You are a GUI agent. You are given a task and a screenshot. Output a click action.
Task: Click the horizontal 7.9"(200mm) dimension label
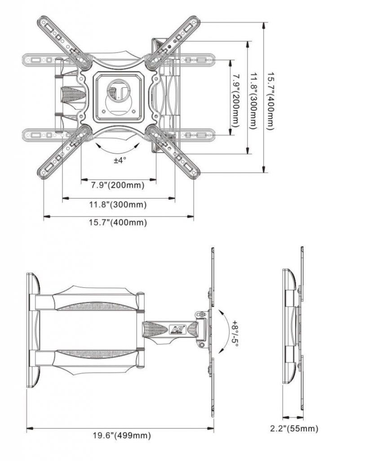point(117,185)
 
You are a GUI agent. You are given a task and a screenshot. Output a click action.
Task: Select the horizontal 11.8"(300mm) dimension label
point(118,204)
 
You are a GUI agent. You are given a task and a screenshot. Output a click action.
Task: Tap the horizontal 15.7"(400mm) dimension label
point(118,222)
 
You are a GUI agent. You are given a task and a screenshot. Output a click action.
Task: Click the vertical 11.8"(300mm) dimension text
point(253,100)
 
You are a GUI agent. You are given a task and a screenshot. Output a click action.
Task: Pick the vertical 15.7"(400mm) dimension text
point(270,101)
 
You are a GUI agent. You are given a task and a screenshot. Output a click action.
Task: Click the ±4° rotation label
point(120,160)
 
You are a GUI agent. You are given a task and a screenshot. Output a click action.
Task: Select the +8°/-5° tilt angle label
point(235,333)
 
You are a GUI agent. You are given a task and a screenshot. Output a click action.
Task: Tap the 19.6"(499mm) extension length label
point(122,435)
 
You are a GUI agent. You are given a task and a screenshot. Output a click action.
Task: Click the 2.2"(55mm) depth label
point(294,429)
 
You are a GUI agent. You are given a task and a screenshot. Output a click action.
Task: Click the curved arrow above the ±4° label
point(118,149)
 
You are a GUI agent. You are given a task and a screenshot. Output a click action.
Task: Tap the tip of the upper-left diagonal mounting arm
point(40,19)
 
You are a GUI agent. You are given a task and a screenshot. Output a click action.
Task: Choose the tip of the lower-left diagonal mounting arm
point(40,175)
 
